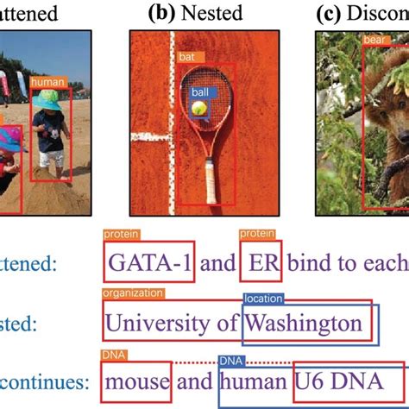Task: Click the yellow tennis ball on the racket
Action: (200, 109)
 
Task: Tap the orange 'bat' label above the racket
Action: (186, 57)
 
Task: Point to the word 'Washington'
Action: (302, 323)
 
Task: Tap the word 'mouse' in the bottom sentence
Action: (135, 381)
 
